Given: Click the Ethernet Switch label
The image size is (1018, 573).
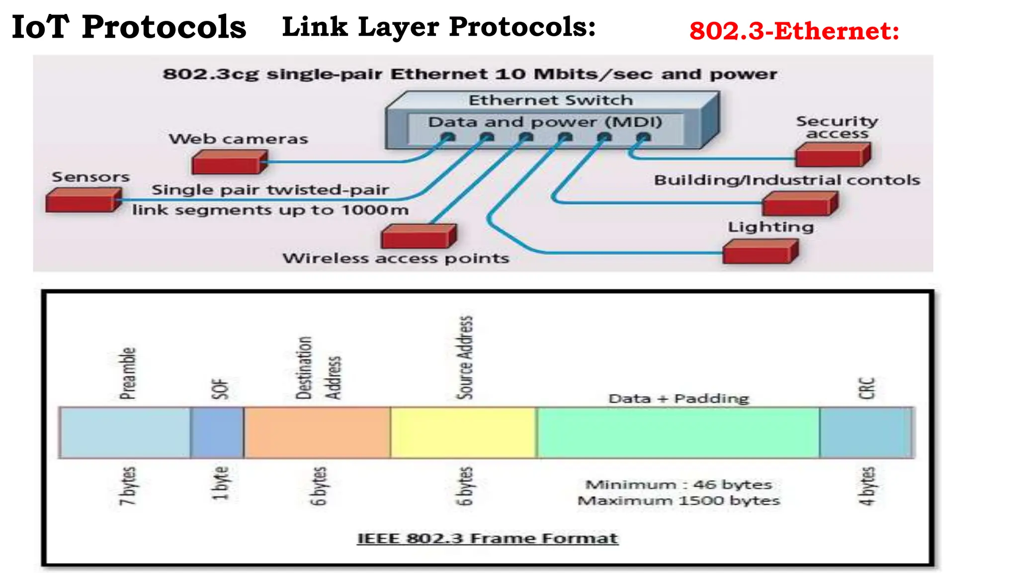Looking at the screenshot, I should point(551,100).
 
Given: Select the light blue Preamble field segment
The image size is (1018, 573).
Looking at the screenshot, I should point(125,432).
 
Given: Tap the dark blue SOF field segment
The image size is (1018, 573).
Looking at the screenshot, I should point(217,432).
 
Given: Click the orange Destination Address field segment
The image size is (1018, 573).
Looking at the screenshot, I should point(317,432).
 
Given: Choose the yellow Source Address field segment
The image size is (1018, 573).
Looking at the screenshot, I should point(463,432).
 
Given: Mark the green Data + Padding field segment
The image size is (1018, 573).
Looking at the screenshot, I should point(678,432).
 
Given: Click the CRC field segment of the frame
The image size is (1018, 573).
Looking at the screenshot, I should point(865,432).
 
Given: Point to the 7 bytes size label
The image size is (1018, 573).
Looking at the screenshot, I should point(128,486).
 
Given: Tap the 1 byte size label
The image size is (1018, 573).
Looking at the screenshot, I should point(221,483).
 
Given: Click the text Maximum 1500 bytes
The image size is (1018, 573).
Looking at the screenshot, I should point(679,500).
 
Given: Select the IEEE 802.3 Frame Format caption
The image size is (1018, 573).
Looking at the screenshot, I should point(488,538).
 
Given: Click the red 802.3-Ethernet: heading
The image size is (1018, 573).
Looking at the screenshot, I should point(794,31).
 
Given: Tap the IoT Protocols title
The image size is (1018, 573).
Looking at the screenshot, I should point(129,27).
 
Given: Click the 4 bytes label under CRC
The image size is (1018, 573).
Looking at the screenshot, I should point(867,486).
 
